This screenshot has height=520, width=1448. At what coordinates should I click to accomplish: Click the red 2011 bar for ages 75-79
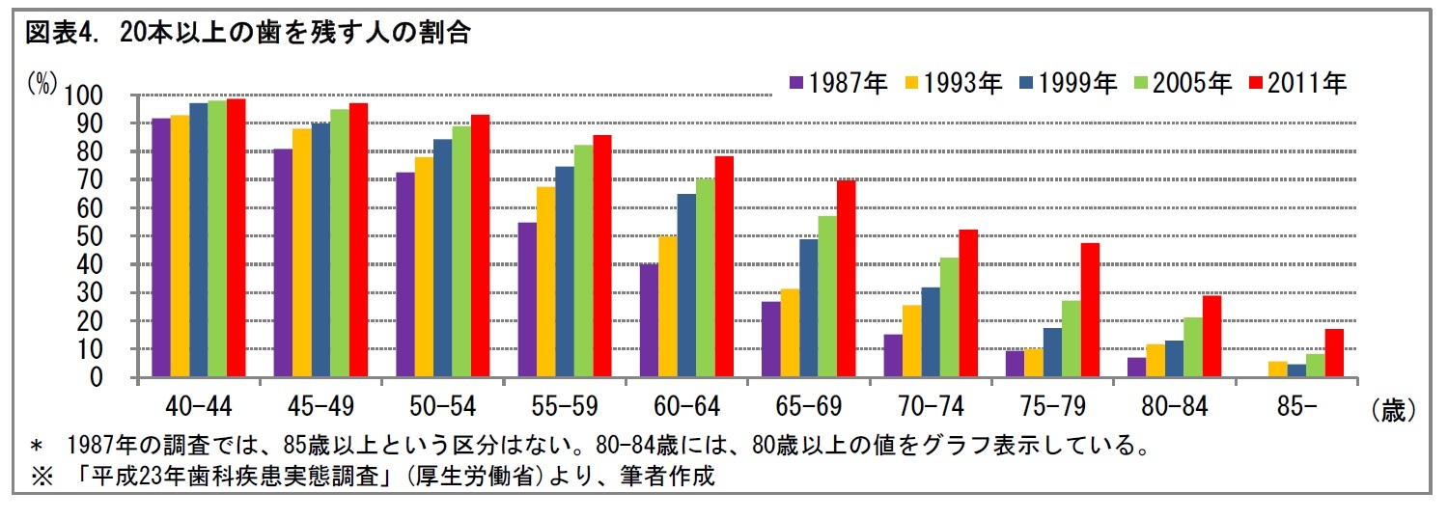[x=1090, y=310]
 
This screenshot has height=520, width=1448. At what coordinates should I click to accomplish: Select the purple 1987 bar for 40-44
[x=160, y=248]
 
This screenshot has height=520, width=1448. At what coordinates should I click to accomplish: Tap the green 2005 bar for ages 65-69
[x=827, y=296]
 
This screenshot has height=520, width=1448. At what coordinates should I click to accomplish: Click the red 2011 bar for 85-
[x=1334, y=353]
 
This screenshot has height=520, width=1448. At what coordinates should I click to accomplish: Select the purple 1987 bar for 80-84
[x=1136, y=368]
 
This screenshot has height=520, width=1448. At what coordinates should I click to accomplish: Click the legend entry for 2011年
[x=1297, y=83]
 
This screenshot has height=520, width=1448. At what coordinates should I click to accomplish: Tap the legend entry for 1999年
[x=1068, y=83]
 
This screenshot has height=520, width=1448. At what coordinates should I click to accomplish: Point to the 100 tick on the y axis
[x=83, y=96]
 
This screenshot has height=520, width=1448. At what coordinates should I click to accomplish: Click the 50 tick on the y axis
[x=91, y=236]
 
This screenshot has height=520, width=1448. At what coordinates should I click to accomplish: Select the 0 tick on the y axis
[x=97, y=378]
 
